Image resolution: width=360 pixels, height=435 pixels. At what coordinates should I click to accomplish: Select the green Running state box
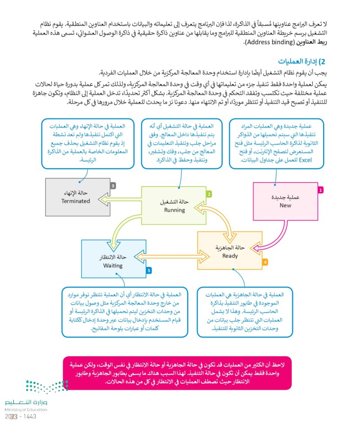click(174, 206)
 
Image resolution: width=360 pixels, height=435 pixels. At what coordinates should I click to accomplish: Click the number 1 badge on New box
click(320, 190)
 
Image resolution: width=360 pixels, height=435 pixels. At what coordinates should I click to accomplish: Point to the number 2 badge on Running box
click(209, 194)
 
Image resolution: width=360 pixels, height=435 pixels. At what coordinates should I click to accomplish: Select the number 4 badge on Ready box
click(265, 261)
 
